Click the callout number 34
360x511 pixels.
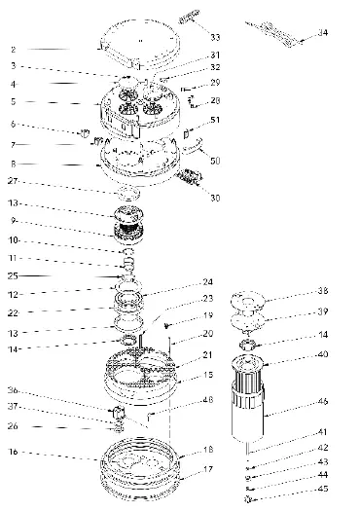click(x=322, y=33)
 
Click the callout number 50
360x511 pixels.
click(x=215, y=159)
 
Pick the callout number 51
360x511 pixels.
click(x=215, y=121)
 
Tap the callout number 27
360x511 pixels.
click(x=14, y=181)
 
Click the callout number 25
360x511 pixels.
click(x=14, y=276)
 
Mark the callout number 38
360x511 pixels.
click(x=323, y=291)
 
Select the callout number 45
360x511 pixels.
click(x=323, y=489)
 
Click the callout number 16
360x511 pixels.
click(x=14, y=453)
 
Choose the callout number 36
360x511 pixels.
click(x=14, y=392)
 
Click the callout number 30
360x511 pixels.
click(x=215, y=198)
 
